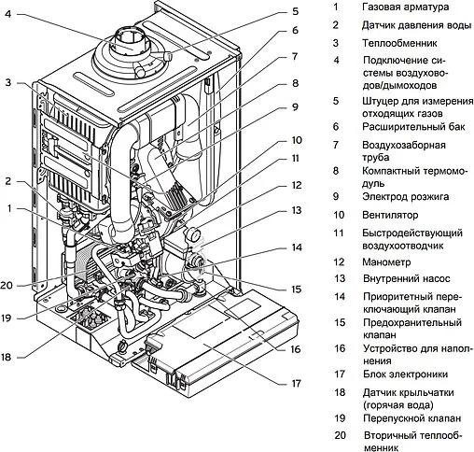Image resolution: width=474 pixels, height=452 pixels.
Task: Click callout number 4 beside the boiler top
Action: point(7,14)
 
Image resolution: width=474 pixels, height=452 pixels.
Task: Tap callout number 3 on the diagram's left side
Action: point(7,83)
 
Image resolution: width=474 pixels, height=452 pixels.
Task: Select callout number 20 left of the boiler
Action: point(7,286)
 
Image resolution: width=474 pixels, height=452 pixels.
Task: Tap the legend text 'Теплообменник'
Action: point(399,43)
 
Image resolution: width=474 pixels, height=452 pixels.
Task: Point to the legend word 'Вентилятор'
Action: point(393,215)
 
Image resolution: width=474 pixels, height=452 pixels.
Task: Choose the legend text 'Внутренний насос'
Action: point(407,278)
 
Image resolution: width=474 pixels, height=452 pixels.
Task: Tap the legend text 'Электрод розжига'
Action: point(406,197)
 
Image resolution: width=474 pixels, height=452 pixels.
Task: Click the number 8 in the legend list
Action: point(337,170)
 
